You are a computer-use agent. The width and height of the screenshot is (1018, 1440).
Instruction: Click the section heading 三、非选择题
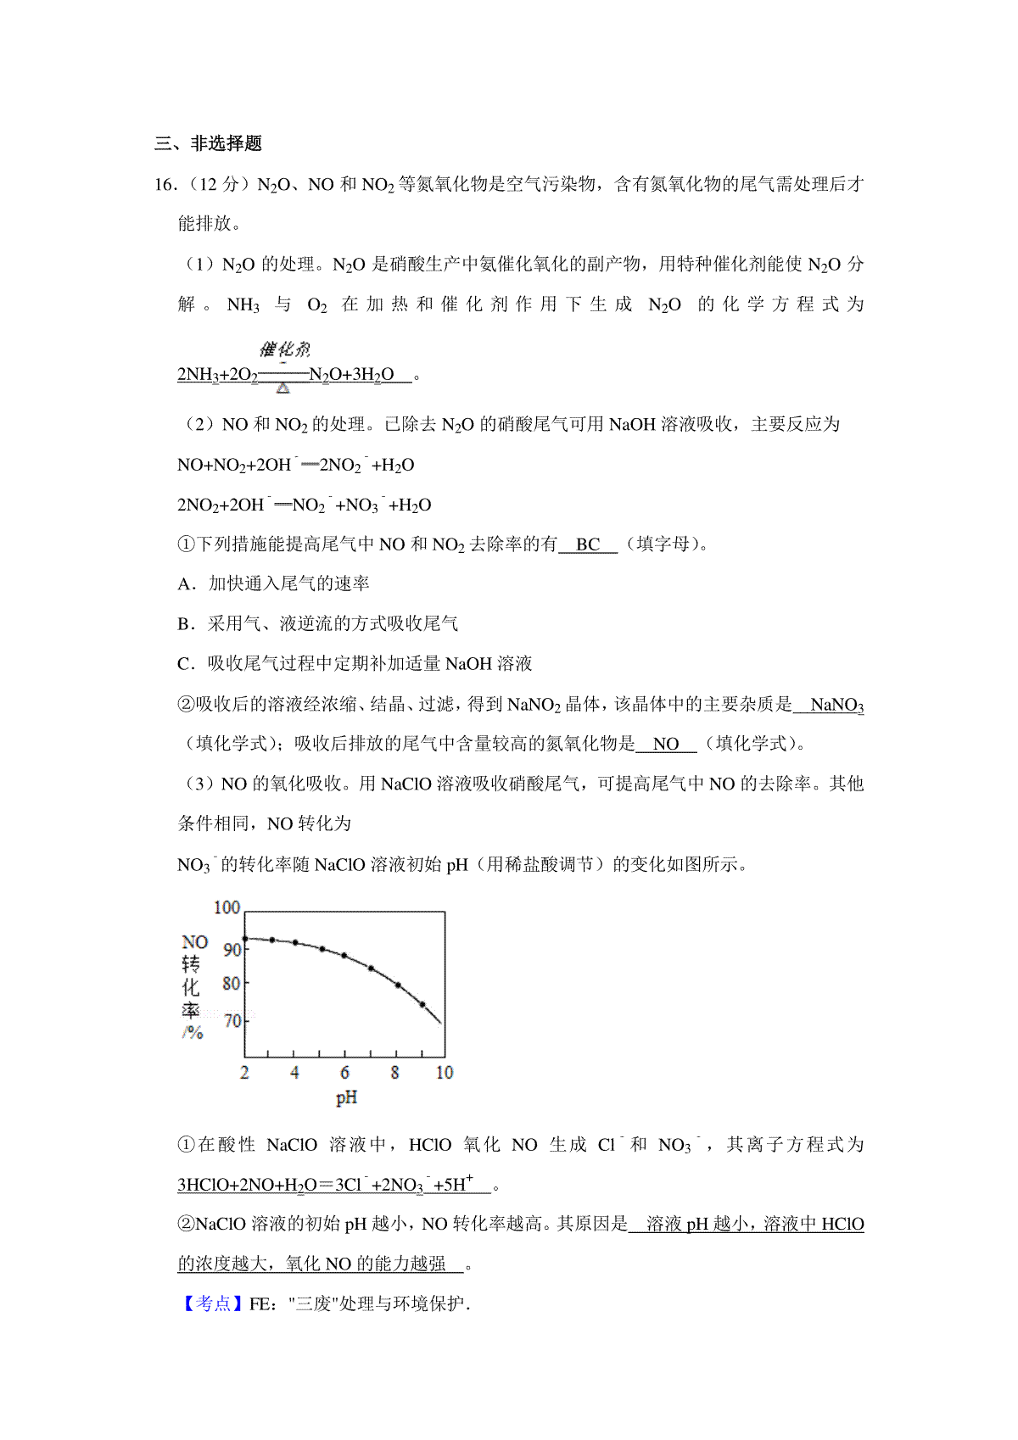[x=208, y=143]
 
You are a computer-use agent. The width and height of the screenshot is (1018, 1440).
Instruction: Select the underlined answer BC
[x=588, y=544]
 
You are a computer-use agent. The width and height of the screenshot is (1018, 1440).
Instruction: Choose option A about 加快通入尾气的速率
[x=273, y=583]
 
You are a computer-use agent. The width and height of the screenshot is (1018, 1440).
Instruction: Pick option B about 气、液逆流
[x=317, y=623]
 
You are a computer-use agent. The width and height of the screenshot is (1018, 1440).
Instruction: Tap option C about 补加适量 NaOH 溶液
[x=354, y=663]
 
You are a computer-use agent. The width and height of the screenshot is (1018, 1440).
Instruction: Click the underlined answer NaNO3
[x=836, y=705]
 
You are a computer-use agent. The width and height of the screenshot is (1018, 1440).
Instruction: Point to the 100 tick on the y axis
[x=227, y=907]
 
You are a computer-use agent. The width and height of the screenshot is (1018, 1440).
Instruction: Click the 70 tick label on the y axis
[x=232, y=1021]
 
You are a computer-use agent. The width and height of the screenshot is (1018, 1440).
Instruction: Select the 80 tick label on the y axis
[x=232, y=984]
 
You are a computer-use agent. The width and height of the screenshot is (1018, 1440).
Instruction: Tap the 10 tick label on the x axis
[x=445, y=1073]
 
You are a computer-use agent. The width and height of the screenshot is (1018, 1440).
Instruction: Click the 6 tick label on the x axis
[x=344, y=1073]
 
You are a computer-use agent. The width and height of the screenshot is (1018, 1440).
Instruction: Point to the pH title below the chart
[x=346, y=1098]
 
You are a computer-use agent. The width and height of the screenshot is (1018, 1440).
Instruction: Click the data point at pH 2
[x=245, y=938]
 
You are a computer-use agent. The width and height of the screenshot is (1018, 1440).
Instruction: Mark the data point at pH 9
[x=422, y=1005]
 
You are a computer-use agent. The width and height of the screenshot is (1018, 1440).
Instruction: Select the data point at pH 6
[x=344, y=956]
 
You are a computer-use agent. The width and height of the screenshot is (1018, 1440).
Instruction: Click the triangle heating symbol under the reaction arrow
[x=283, y=388]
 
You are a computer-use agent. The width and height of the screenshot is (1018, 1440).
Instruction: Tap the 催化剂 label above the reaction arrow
[x=284, y=349]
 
